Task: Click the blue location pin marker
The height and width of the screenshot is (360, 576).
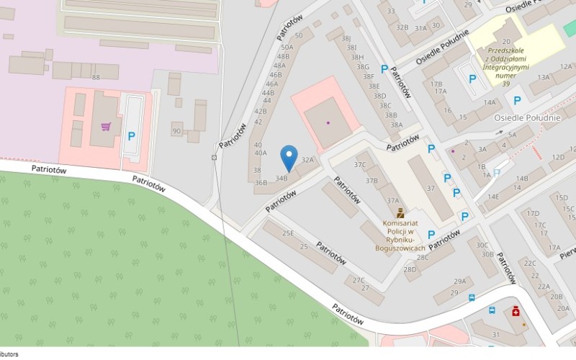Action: (x=289, y=157)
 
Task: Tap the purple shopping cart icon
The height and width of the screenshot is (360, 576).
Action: (x=107, y=127)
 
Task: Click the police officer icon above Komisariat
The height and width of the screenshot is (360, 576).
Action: (x=400, y=213)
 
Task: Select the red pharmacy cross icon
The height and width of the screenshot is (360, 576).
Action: (x=516, y=311)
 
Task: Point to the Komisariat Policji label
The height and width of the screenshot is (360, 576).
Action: (x=400, y=231)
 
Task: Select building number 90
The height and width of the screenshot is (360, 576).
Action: (x=176, y=131)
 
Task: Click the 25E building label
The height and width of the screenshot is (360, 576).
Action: (x=288, y=233)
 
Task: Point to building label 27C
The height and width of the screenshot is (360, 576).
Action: (x=359, y=280)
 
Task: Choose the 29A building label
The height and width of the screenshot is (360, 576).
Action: (x=459, y=282)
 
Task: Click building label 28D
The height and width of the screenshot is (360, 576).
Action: (x=410, y=270)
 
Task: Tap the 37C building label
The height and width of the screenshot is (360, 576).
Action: (x=360, y=165)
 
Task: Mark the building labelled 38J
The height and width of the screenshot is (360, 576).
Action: (x=346, y=38)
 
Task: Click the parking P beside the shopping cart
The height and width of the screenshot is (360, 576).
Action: (x=132, y=136)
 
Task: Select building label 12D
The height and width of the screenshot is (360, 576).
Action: (x=558, y=157)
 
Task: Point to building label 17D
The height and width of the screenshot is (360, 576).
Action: (x=534, y=213)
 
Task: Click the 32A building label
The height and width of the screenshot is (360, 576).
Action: (x=308, y=160)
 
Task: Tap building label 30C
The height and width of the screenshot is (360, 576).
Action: (x=482, y=245)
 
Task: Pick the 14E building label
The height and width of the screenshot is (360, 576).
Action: (x=493, y=196)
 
